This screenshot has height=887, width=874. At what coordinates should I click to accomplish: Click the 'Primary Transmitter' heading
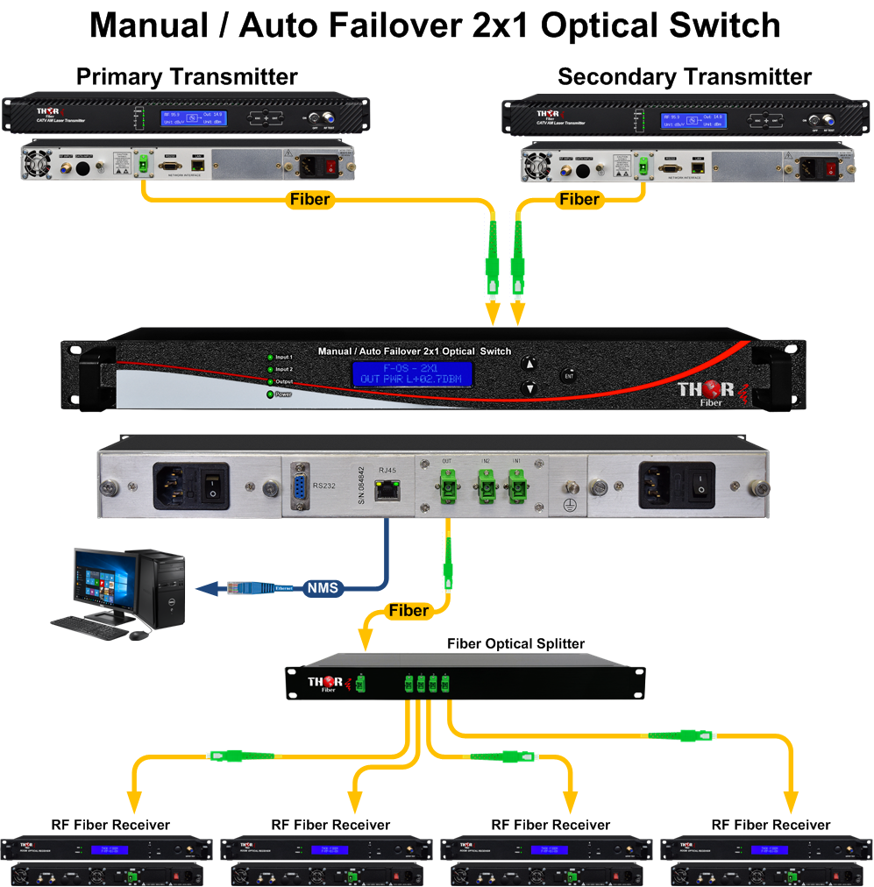(x=187, y=76)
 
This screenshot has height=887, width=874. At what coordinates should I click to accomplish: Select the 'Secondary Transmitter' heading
(x=684, y=76)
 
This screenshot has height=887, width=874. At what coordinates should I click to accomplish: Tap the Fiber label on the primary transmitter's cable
(x=309, y=200)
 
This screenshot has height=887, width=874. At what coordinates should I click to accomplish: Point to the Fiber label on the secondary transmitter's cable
(x=579, y=200)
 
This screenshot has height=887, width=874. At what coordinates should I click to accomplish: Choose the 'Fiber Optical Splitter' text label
(x=515, y=643)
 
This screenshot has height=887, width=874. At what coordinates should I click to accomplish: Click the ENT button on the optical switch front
(x=569, y=375)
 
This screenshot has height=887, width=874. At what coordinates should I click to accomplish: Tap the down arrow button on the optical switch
(x=529, y=387)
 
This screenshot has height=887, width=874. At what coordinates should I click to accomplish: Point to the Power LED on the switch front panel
(x=270, y=394)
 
